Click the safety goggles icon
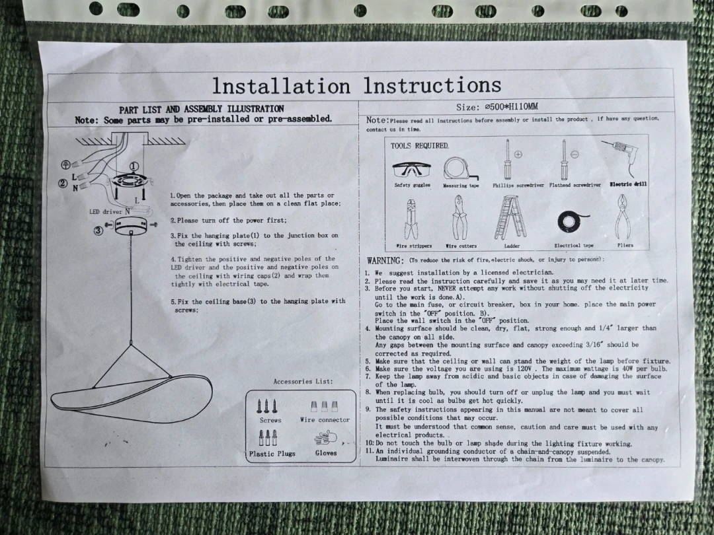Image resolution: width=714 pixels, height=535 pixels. pos(411,170)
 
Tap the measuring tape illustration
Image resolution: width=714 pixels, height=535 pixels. pos(460,169)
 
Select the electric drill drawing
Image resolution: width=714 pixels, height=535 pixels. pos(621,157)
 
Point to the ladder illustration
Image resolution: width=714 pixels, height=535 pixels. pos(511,218)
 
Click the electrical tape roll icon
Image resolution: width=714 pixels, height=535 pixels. pos(572,222)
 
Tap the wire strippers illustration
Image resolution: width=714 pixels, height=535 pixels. pos(411,219)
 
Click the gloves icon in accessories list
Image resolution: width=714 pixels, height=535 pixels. pos(325,439)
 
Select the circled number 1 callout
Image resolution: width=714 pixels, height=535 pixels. pos(134,166)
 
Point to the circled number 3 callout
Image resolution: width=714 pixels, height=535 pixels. pos(99,231)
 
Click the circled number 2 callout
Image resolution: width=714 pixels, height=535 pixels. pos(63,184)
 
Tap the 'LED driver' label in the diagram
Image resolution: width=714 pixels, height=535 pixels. pos(106,211)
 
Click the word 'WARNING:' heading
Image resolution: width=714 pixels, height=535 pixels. pos(385,261)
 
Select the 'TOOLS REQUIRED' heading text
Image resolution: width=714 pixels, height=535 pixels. pos(419,145)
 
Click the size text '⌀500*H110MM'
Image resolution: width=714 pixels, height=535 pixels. pos(511,107)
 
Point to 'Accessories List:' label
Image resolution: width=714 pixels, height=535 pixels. pos(303,381)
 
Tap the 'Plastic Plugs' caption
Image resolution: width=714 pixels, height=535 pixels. pos(272,454)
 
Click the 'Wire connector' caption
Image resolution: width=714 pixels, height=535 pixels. pos(325,420)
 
